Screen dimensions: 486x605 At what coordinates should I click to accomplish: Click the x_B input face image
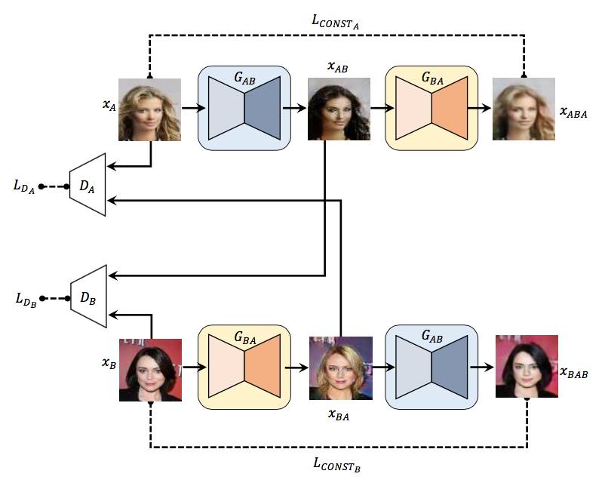coord(150,370)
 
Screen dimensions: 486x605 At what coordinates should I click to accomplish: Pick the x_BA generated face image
coord(341,368)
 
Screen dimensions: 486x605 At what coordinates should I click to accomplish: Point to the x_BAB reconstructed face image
coord(527,366)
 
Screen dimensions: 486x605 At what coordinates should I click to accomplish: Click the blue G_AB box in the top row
coord(244,106)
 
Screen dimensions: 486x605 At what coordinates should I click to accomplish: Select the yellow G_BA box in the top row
coord(431,106)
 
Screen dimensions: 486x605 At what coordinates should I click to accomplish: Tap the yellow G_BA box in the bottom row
coord(244,368)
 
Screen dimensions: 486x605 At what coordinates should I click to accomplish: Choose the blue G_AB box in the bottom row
coord(431,368)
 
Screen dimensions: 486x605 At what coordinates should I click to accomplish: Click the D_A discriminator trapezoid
coord(88,185)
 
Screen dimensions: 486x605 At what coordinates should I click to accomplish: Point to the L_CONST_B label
coord(336,464)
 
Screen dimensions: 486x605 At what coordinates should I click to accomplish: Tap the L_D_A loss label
coord(23,186)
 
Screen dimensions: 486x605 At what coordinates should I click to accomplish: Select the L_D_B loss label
coord(23,299)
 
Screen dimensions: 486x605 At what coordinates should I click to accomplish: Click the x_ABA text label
coord(573,112)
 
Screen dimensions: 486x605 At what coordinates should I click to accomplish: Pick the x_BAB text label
coord(573,372)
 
